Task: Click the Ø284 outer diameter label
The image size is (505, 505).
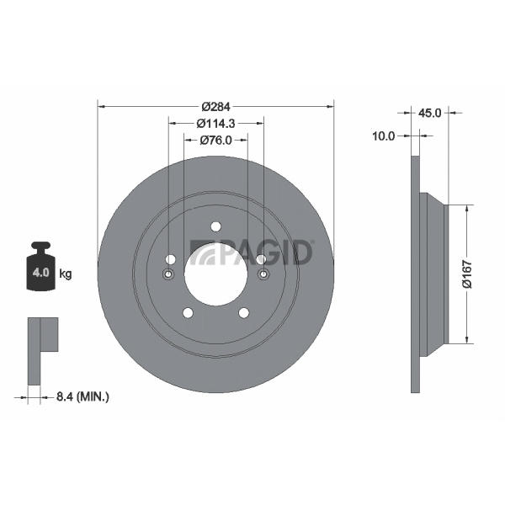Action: (x=215, y=107)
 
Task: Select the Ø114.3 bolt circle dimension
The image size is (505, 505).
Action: (x=215, y=124)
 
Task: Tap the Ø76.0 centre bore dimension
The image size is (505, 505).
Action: (x=215, y=141)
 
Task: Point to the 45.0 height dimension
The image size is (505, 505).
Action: (x=429, y=113)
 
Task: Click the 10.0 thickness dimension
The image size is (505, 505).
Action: (x=383, y=136)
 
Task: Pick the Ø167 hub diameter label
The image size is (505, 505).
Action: (x=467, y=274)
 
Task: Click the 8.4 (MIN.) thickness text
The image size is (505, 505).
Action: (x=82, y=396)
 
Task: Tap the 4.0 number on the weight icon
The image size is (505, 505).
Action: (x=41, y=273)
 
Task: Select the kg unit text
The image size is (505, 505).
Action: (x=66, y=274)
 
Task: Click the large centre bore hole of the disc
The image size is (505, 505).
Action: (x=215, y=274)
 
